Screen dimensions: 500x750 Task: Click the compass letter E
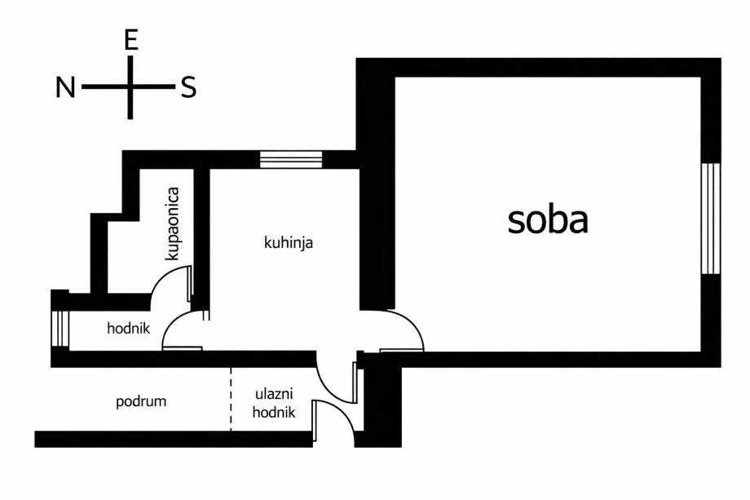[130, 42]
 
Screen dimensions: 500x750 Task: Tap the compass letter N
[65, 87]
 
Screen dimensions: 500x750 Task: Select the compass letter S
[188, 87]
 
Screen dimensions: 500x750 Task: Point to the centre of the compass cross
[130, 86]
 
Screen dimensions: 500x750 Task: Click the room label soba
[548, 219]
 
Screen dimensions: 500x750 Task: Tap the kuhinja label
[289, 242]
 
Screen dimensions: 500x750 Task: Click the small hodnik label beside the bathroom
[129, 329]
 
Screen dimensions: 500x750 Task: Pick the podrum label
[141, 401]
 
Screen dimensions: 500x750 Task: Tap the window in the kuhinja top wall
[291, 159]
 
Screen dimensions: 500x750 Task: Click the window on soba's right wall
[711, 219]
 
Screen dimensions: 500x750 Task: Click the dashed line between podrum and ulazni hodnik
[231, 399]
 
